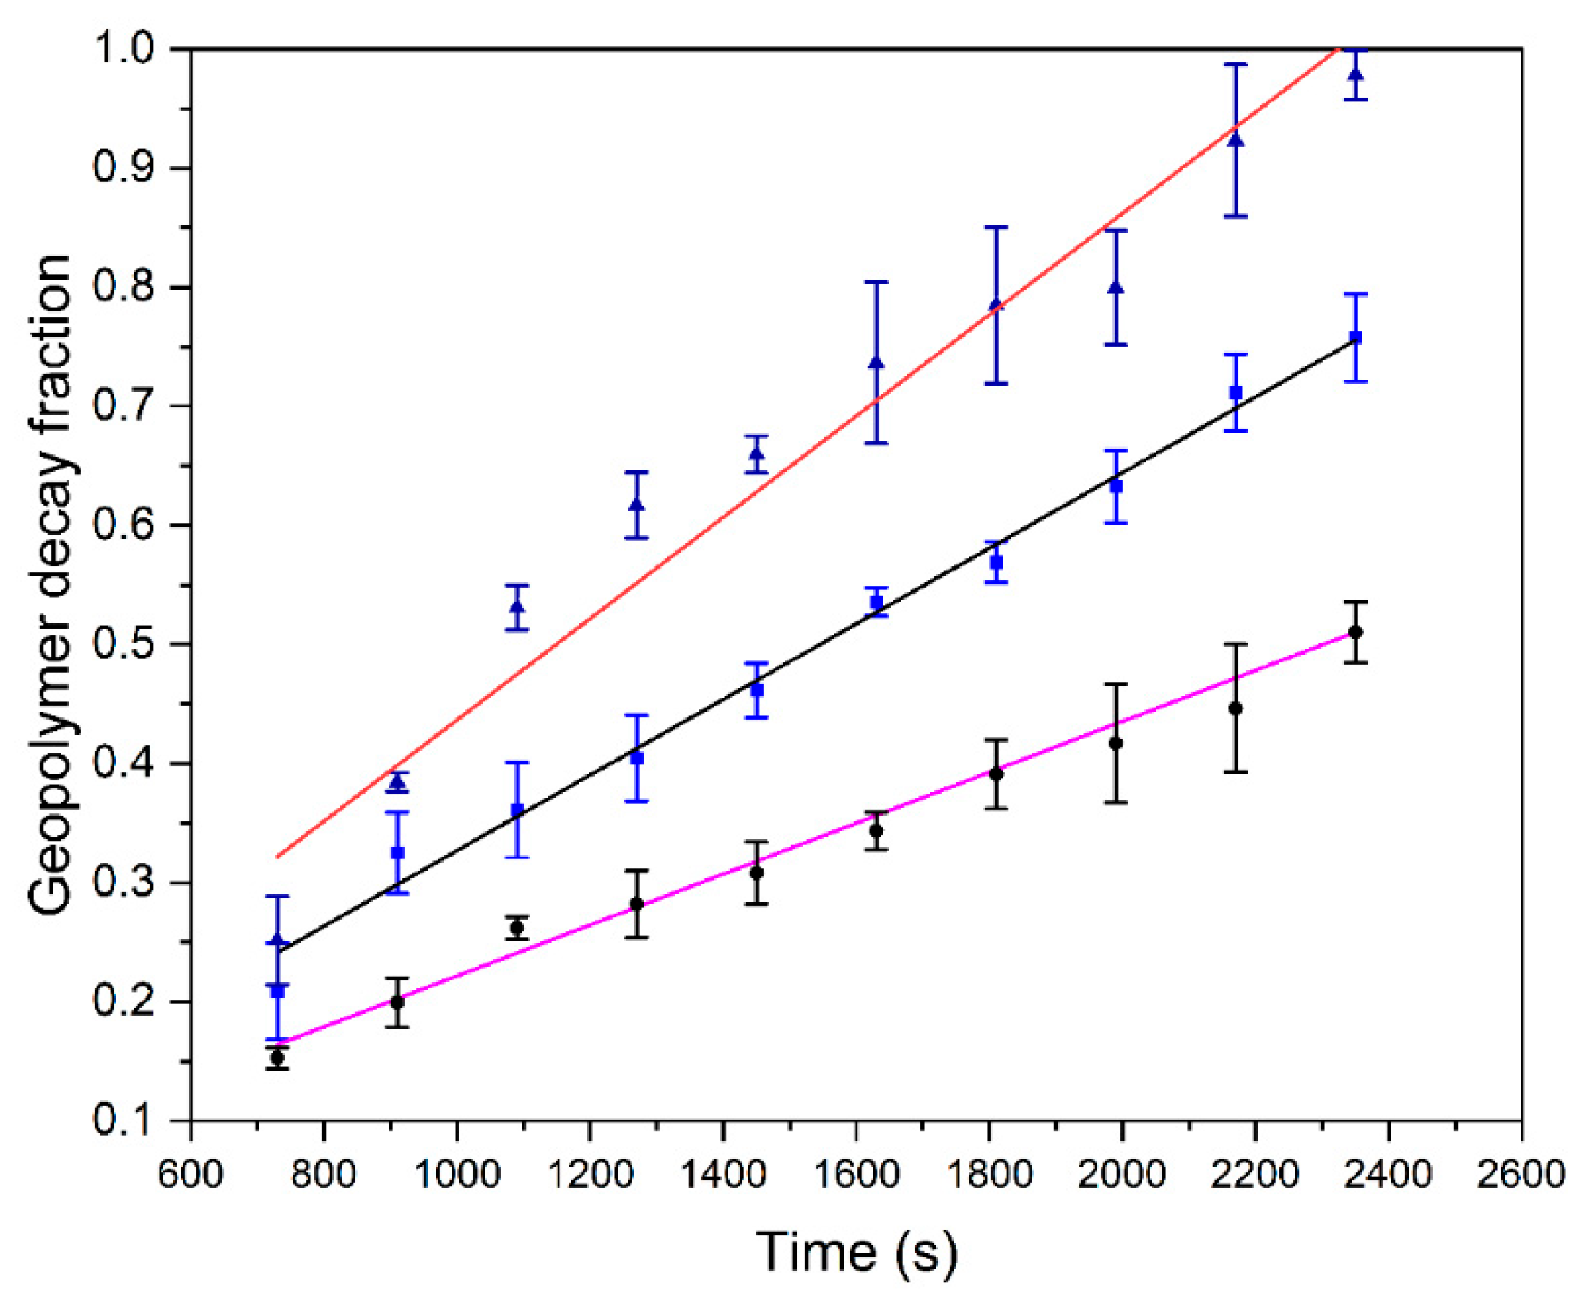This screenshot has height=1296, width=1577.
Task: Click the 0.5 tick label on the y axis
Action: [124, 644]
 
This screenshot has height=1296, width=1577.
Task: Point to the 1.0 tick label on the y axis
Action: [124, 49]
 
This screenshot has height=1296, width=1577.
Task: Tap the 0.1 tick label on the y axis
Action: [124, 1120]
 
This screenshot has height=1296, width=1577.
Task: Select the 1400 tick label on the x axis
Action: [722, 1174]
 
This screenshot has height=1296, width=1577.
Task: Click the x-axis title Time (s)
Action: [856, 1251]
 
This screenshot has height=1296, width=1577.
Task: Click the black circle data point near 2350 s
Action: [1355, 632]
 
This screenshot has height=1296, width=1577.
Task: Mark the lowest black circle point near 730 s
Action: [277, 1057]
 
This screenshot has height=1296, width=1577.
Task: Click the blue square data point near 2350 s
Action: [1355, 337]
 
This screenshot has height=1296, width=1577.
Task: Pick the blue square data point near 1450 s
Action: [757, 690]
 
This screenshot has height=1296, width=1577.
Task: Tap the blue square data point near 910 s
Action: [397, 852]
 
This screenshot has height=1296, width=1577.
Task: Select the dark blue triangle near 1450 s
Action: [757, 454]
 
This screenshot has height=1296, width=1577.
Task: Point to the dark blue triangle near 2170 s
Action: [1236, 139]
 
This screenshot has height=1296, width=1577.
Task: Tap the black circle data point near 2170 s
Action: [1236, 708]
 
